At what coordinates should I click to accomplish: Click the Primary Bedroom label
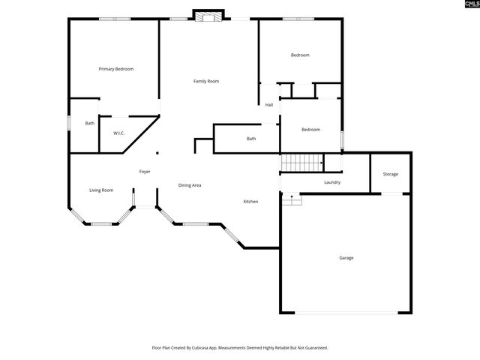pyautogui.click(x=116, y=69)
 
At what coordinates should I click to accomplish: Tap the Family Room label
pyautogui.click(x=206, y=81)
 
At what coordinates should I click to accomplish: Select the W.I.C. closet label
pyautogui.click(x=118, y=133)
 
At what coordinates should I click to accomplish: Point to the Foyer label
pyautogui.click(x=145, y=172)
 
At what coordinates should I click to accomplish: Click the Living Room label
pyautogui.click(x=101, y=190)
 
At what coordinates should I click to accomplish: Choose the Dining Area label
pyautogui.click(x=189, y=185)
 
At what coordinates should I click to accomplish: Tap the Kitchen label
pyautogui.click(x=250, y=202)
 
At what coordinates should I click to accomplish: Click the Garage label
pyautogui.click(x=346, y=258)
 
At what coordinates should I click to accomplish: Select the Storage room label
pyautogui.click(x=391, y=175)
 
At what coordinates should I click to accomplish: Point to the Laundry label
pyautogui.click(x=332, y=182)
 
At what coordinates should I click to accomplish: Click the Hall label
pyautogui.click(x=268, y=105)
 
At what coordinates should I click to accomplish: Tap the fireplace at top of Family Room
pyautogui.click(x=208, y=15)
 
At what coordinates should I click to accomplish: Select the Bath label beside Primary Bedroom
pyautogui.click(x=90, y=123)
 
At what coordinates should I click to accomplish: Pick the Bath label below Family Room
pyautogui.click(x=251, y=139)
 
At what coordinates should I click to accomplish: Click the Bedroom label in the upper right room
pyautogui.click(x=300, y=55)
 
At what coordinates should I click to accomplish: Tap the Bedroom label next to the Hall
pyautogui.click(x=310, y=130)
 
